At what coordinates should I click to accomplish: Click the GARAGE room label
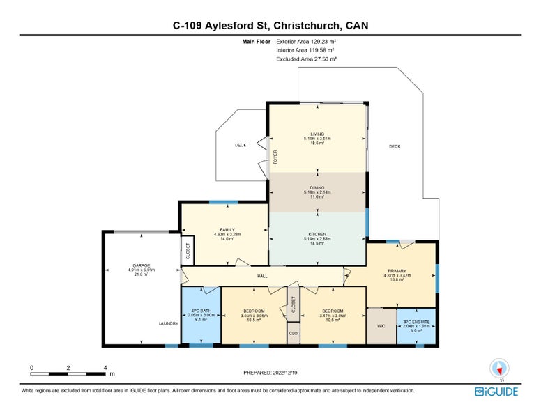[142, 265]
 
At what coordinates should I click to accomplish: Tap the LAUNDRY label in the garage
[169, 323]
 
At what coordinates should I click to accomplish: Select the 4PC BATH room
[201, 314]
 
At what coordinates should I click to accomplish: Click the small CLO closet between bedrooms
[293, 333]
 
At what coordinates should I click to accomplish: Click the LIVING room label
[318, 134]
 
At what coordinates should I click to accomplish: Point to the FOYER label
[275, 156]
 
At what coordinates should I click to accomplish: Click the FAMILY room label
[227, 229]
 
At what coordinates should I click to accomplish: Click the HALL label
[262, 277]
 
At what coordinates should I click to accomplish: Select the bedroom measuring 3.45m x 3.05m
[253, 315]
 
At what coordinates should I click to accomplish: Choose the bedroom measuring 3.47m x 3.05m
[332, 315]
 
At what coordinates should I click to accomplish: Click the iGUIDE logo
[496, 392]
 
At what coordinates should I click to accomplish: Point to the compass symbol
[500, 368]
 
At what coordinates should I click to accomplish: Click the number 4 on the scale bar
[105, 366]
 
